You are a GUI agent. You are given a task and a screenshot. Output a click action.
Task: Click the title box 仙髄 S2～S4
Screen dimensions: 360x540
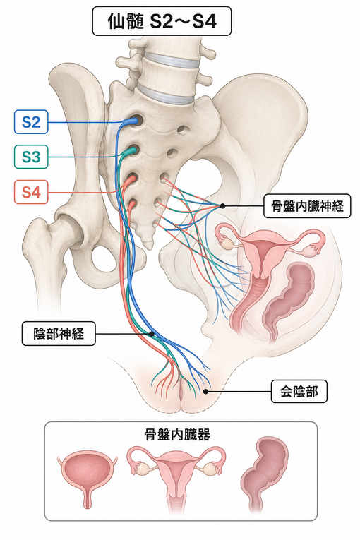coord(162,21)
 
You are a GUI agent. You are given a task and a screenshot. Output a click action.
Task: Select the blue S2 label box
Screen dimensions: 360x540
coord(31,122)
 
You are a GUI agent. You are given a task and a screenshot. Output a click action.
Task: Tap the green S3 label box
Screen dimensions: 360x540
coord(31,157)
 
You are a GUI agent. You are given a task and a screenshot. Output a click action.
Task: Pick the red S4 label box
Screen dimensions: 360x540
coord(31,192)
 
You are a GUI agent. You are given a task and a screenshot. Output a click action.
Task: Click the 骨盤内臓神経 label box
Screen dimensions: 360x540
coord(307,206)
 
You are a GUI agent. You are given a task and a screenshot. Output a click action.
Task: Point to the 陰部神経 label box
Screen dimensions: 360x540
coord(59,334)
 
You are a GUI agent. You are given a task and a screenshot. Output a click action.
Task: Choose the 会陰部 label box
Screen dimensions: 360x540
coord(299,392)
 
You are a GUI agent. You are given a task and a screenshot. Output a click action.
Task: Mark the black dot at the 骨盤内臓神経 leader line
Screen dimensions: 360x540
coord(222,206)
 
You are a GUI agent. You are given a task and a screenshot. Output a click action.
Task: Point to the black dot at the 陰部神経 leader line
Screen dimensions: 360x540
coord(151,334)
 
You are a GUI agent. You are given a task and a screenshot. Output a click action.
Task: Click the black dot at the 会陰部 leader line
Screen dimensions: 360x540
coord(205,392)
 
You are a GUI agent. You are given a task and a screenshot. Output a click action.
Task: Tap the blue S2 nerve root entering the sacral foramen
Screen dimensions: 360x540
coord(131,121)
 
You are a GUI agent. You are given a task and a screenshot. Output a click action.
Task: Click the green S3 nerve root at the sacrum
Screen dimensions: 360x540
coord(130,150)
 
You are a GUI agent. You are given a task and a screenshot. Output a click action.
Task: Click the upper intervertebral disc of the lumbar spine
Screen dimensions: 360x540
coord(171,61)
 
